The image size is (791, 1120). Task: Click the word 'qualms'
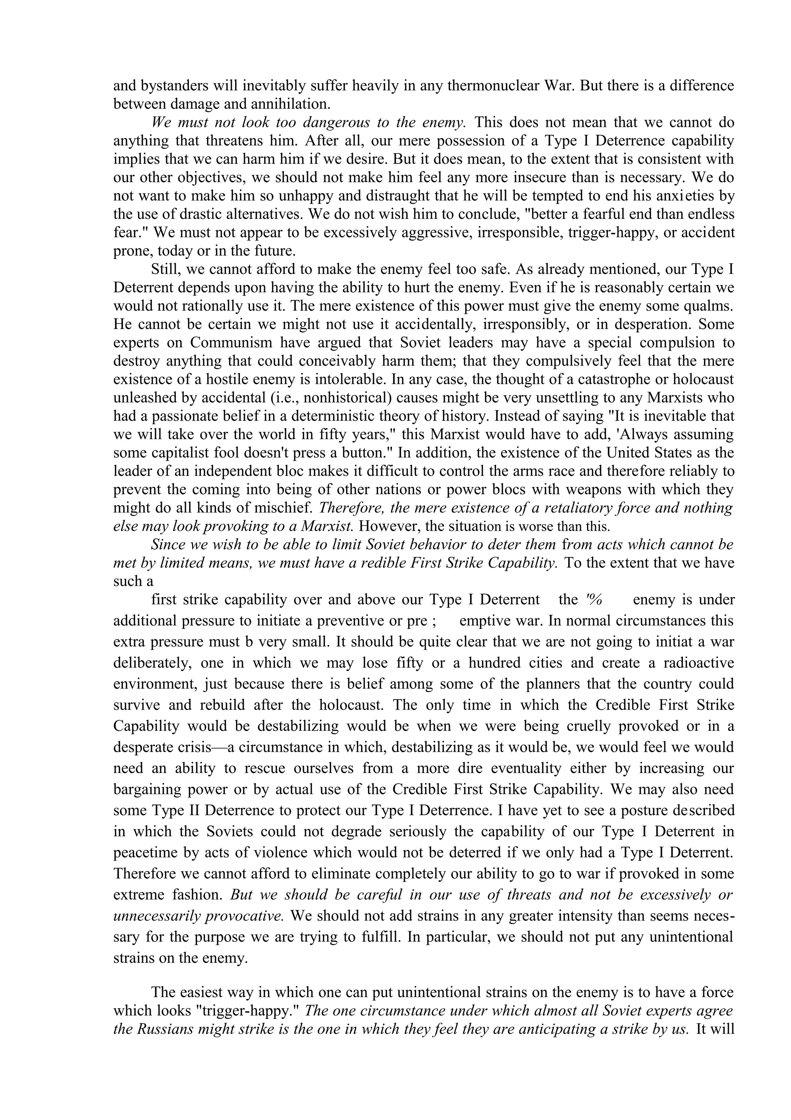[x=709, y=306]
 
